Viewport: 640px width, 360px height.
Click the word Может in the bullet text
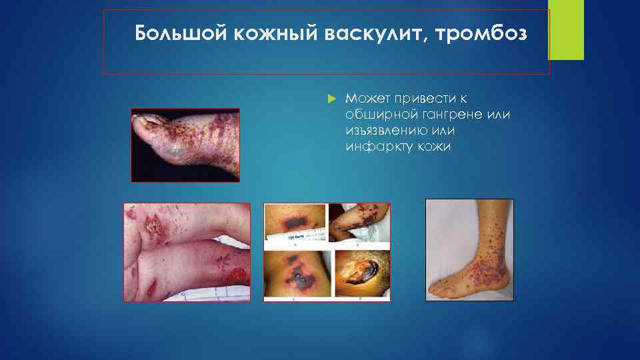(365, 97)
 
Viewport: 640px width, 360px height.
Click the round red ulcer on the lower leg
(236, 274)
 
